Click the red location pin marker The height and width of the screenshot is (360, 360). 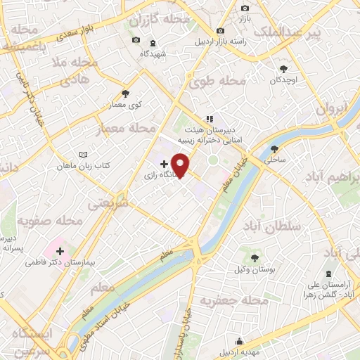point(181,165)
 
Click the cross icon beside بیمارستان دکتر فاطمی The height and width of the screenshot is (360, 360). point(60,250)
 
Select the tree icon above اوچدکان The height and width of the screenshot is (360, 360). point(283,69)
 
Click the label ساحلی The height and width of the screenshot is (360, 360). point(274,160)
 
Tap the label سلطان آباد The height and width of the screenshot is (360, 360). point(271,226)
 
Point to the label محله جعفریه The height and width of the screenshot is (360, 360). point(236,301)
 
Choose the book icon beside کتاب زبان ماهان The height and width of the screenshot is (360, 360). point(84,154)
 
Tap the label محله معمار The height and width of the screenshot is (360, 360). point(132,128)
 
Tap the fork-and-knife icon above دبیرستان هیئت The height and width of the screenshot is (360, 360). point(208,119)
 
